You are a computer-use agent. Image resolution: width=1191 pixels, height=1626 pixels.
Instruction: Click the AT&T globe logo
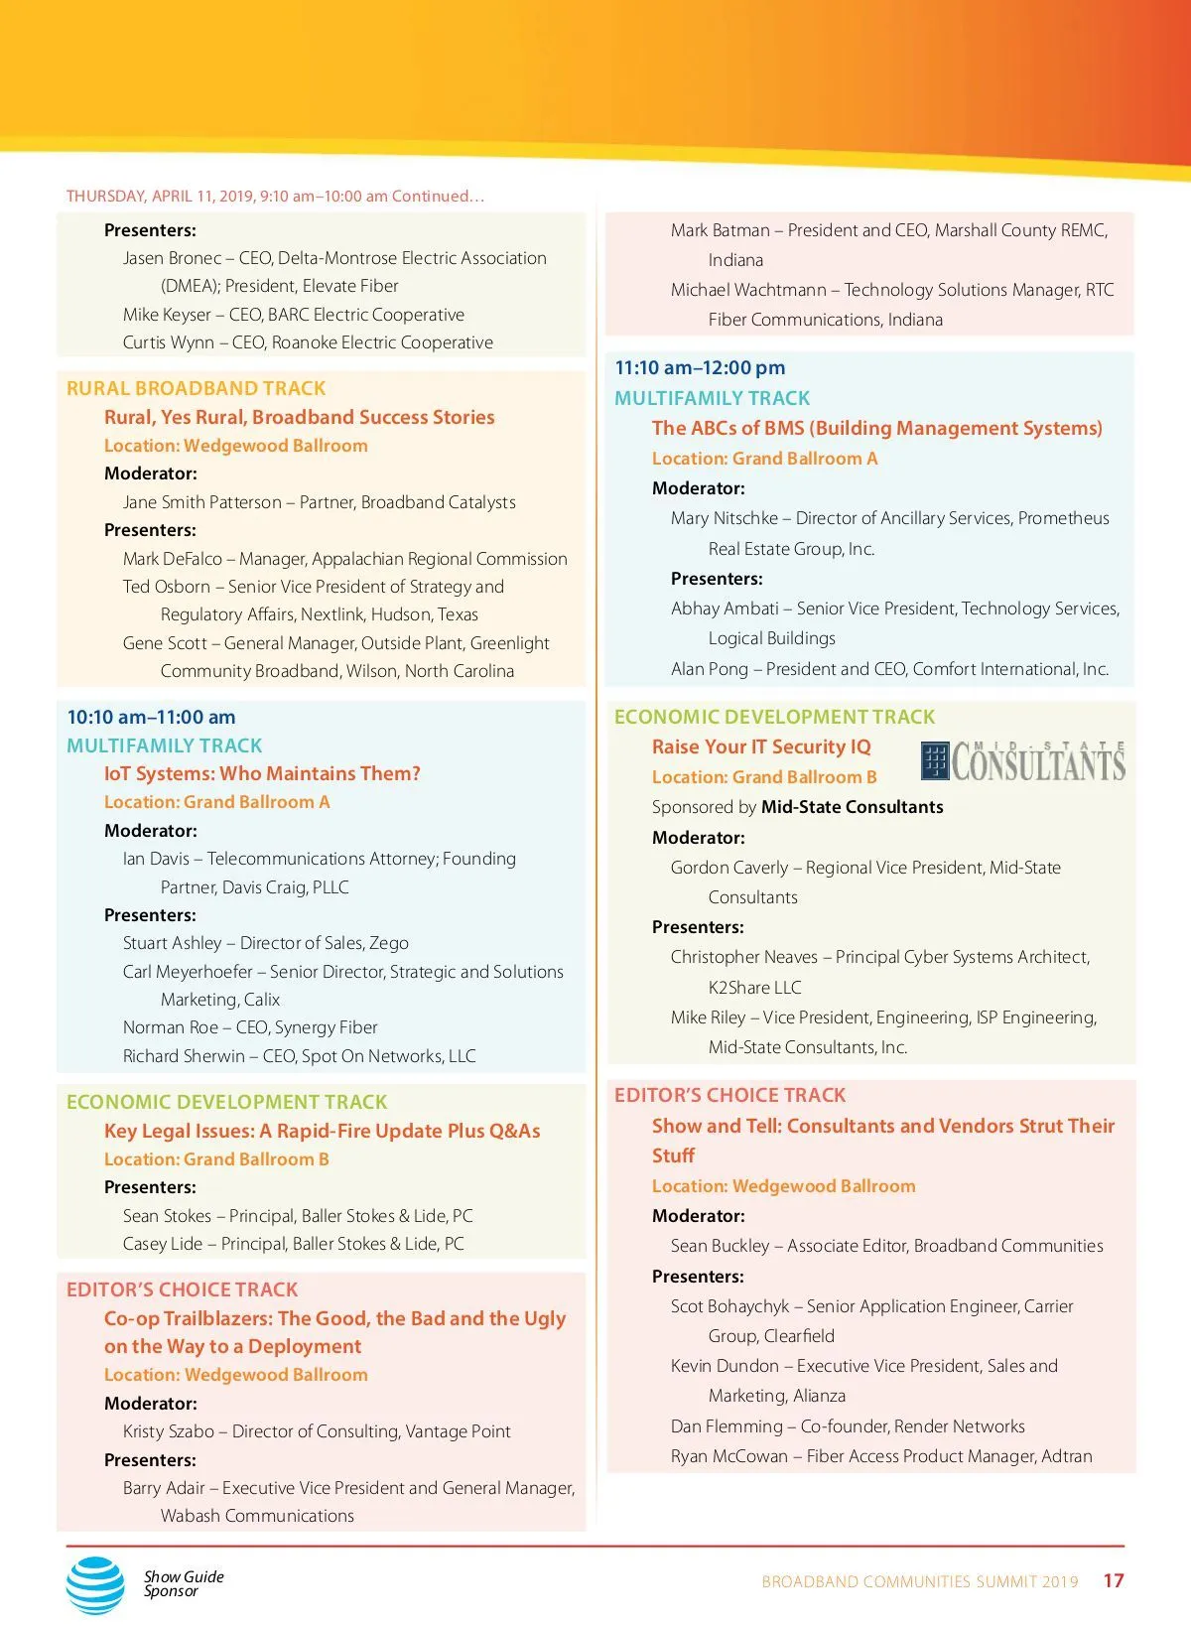pos(95,1584)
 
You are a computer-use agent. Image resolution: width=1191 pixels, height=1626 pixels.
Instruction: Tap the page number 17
pos(1114,1580)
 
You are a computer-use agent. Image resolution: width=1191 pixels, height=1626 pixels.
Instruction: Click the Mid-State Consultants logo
pos(1023,761)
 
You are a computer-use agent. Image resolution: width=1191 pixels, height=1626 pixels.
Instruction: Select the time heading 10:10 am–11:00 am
pos(151,717)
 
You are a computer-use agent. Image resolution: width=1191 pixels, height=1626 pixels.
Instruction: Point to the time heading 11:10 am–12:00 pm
pos(700,367)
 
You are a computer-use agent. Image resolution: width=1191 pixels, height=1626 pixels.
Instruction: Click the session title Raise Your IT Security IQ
pos(761,746)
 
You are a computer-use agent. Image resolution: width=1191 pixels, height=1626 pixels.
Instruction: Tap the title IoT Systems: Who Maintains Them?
pos(262,773)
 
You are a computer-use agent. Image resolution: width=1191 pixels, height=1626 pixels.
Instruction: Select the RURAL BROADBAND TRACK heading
pos(196,388)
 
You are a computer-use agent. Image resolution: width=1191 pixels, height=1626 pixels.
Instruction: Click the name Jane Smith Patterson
pos(202,502)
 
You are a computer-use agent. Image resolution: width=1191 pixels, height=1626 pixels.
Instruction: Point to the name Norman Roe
pos(171,1027)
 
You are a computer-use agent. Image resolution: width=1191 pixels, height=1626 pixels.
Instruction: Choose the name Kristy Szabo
pos(169,1431)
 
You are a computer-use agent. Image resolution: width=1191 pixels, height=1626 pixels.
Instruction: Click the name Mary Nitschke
pos(725,518)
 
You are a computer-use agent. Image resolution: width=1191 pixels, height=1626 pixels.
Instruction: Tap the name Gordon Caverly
pos(729,868)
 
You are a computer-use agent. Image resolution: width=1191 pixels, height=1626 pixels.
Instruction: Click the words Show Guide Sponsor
pos(184,1583)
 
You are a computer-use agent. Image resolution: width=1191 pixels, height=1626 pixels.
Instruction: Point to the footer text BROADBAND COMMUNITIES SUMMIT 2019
pos(919,1581)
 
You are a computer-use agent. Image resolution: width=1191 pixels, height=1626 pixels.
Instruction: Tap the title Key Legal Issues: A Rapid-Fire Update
pos(322,1131)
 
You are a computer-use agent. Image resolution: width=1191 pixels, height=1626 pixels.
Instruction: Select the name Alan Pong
pos(710,669)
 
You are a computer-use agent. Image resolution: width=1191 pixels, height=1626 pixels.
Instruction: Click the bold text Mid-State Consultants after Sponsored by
pos(852,807)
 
